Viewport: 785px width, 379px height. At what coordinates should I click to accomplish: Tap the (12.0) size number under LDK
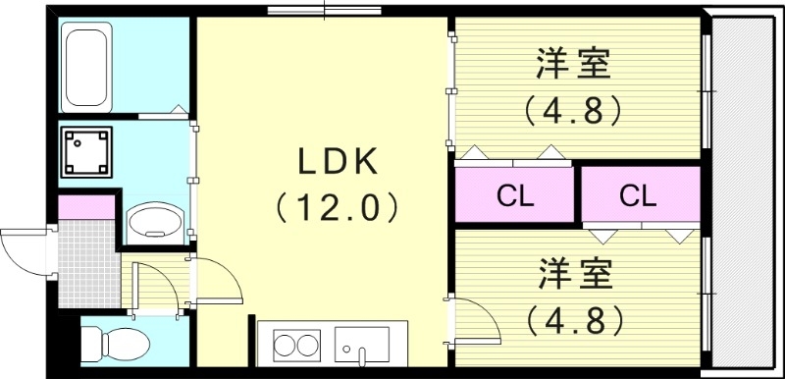[338, 206]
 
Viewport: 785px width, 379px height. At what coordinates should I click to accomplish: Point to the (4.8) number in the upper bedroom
[574, 110]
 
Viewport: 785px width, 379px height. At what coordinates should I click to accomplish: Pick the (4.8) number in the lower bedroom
[574, 318]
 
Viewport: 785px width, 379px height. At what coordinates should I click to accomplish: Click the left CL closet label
[514, 196]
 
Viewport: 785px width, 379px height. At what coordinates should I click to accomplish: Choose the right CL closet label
[638, 196]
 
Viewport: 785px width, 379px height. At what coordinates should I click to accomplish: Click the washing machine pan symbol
[86, 150]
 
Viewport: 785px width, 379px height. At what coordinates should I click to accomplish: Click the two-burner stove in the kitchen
[296, 345]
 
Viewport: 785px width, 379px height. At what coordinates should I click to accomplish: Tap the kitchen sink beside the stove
[361, 345]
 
